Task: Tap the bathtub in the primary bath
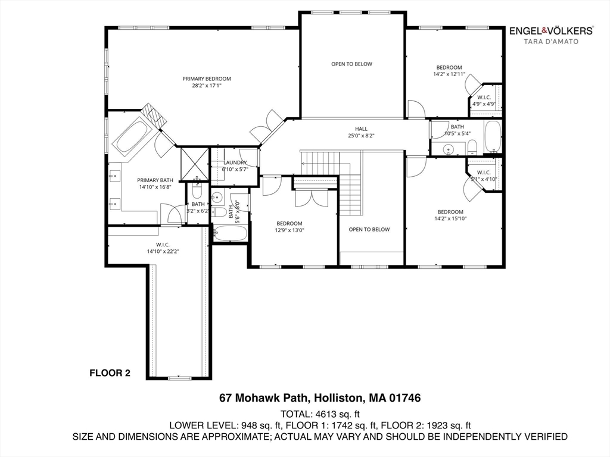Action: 134,134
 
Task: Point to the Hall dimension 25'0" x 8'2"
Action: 361,136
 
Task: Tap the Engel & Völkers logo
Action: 550,30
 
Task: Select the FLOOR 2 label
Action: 110,374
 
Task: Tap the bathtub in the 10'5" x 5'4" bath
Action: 492,136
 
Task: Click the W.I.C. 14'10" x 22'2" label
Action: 163,248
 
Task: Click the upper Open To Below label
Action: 351,64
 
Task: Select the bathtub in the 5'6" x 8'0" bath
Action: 229,233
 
